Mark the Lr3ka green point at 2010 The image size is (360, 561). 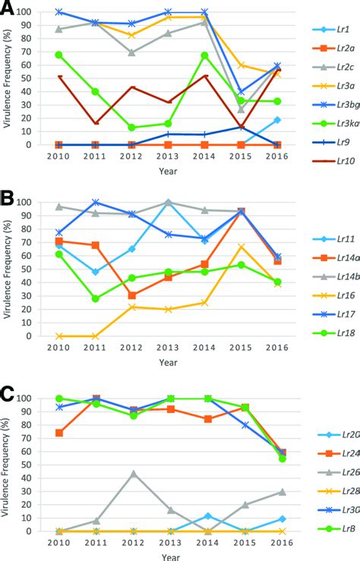(58, 55)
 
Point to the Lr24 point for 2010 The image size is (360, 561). (59, 433)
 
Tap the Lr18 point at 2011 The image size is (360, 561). (96, 299)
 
